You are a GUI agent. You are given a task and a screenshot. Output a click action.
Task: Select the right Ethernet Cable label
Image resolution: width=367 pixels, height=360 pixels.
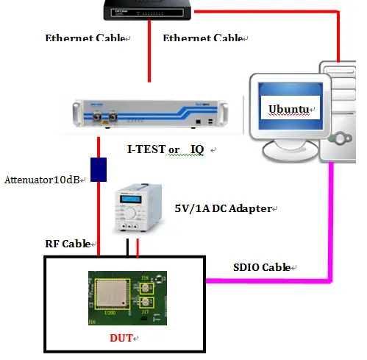coord(204,38)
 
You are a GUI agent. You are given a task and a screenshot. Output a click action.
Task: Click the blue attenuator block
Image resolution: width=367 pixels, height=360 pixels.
coord(99,169)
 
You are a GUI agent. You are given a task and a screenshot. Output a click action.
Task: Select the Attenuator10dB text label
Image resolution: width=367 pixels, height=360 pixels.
coord(42,179)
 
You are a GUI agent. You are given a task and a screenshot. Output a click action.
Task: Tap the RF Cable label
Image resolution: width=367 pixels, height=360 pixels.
coord(68,243)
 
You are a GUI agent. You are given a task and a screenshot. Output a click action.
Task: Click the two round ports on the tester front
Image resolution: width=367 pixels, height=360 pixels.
coord(103,115)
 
